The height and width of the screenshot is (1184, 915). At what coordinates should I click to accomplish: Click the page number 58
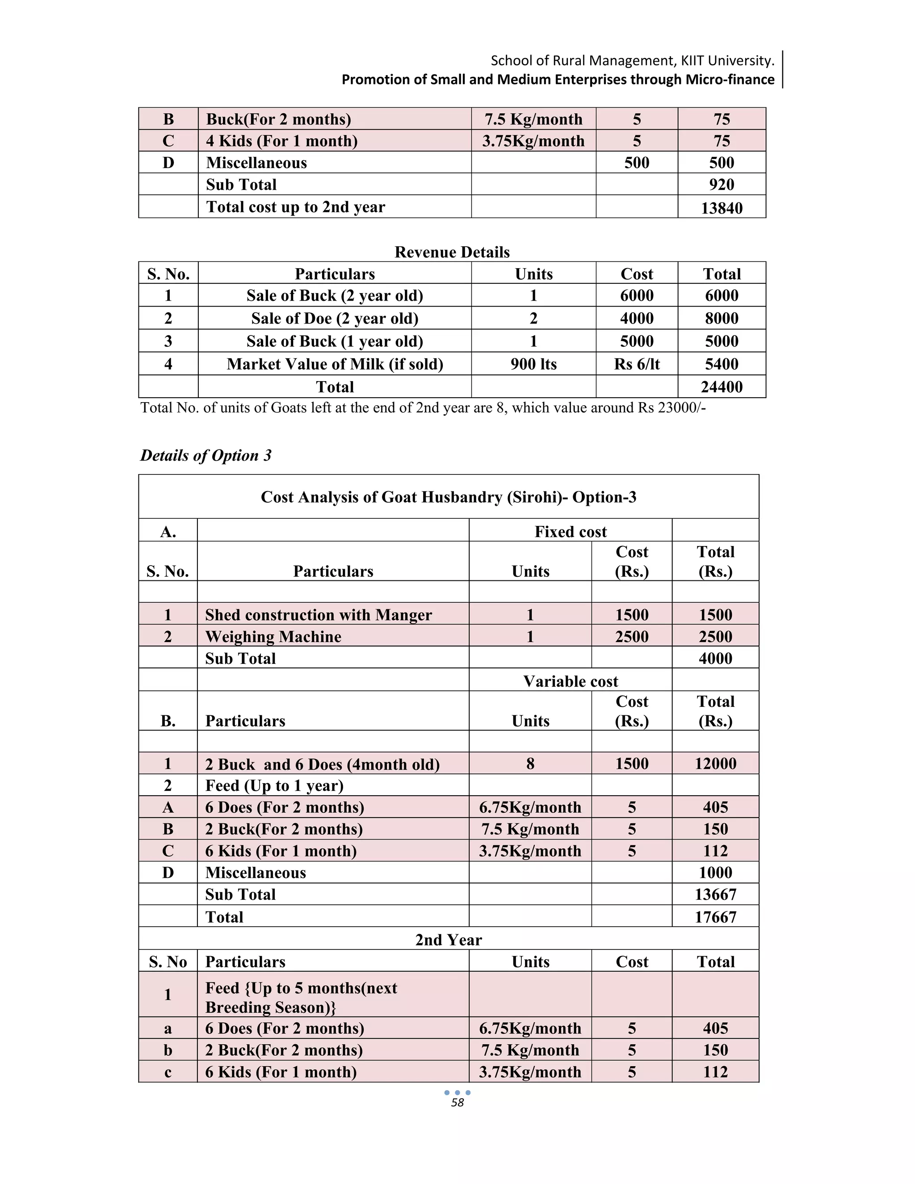pyautogui.click(x=457, y=1103)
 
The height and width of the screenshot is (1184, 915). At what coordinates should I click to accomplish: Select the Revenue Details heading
pyautogui.click(x=452, y=252)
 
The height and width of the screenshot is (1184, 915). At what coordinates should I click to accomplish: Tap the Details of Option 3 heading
pyautogui.click(x=206, y=455)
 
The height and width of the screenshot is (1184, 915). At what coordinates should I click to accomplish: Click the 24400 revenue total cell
pyautogui.click(x=722, y=386)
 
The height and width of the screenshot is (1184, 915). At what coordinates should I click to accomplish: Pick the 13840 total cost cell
pyautogui.click(x=722, y=208)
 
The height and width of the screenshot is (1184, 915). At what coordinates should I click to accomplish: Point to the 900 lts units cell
pyautogui.click(x=533, y=364)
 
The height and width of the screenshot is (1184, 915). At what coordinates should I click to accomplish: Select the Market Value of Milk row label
pyautogui.click(x=335, y=364)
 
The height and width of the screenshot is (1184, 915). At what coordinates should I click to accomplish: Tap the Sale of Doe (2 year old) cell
pyautogui.click(x=335, y=318)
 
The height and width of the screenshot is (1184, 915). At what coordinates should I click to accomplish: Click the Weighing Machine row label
pyautogui.click(x=273, y=636)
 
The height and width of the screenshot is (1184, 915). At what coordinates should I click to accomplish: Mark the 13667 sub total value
pyautogui.click(x=716, y=894)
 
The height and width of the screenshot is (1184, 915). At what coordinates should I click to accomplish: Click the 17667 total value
pyautogui.click(x=716, y=917)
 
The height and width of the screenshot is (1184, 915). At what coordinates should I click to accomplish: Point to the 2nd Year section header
pyautogui.click(x=448, y=940)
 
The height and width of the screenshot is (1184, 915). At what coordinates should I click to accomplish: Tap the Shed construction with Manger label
pyautogui.click(x=318, y=615)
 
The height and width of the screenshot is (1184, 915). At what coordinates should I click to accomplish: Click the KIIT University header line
pyautogui.click(x=632, y=60)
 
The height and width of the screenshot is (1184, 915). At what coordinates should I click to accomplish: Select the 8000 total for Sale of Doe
pyautogui.click(x=722, y=318)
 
